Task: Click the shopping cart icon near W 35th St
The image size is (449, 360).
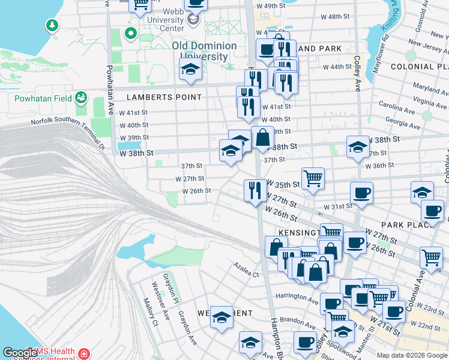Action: pyautogui.click(x=313, y=178)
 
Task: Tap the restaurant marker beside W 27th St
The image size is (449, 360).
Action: pyautogui.click(x=255, y=190)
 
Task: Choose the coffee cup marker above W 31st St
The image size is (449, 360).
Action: pyautogui.click(x=361, y=193)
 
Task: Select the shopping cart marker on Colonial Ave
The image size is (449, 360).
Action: pyautogui.click(x=431, y=257)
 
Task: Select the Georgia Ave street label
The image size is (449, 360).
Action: pyautogui.click(x=403, y=123)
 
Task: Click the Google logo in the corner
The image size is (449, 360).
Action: pyautogui.click(x=20, y=353)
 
